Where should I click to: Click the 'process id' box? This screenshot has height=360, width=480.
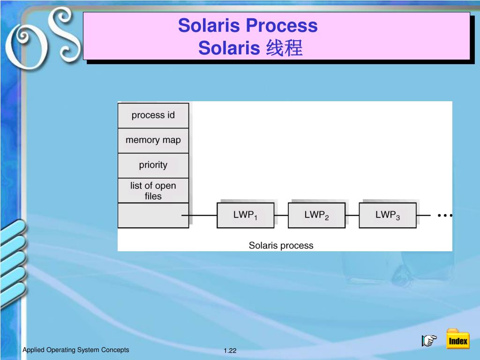point(153,115)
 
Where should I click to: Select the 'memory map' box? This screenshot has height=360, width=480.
point(153,140)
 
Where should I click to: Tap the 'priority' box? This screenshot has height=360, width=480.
point(153,165)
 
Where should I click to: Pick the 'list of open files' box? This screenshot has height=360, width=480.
point(153,191)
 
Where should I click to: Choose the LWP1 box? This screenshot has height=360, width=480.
point(245,215)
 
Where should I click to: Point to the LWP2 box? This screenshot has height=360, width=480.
point(316,215)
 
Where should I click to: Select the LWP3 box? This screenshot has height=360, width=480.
point(387,215)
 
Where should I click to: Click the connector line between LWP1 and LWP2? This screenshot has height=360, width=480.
point(281,216)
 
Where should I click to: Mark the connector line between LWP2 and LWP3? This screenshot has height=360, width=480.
point(352,216)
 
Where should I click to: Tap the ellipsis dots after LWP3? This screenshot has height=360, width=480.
point(444,216)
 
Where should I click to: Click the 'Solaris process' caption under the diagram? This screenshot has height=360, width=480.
point(281,245)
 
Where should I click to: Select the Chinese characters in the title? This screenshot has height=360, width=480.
point(284,48)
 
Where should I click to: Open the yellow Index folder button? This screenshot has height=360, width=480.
point(457,339)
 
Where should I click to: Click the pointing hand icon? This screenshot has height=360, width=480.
point(429,340)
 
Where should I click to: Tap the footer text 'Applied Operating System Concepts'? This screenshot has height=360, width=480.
point(76,350)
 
